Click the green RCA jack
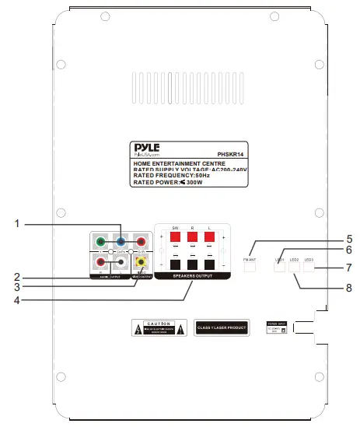click(x=100, y=242)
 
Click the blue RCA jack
click(x=120, y=242)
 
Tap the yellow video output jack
click(x=142, y=262)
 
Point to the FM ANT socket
click(x=250, y=265)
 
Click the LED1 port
click(x=280, y=265)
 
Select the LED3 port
click(x=309, y=265)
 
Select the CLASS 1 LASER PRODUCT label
click(x=222, y=328)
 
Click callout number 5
click(x=349, y=239)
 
